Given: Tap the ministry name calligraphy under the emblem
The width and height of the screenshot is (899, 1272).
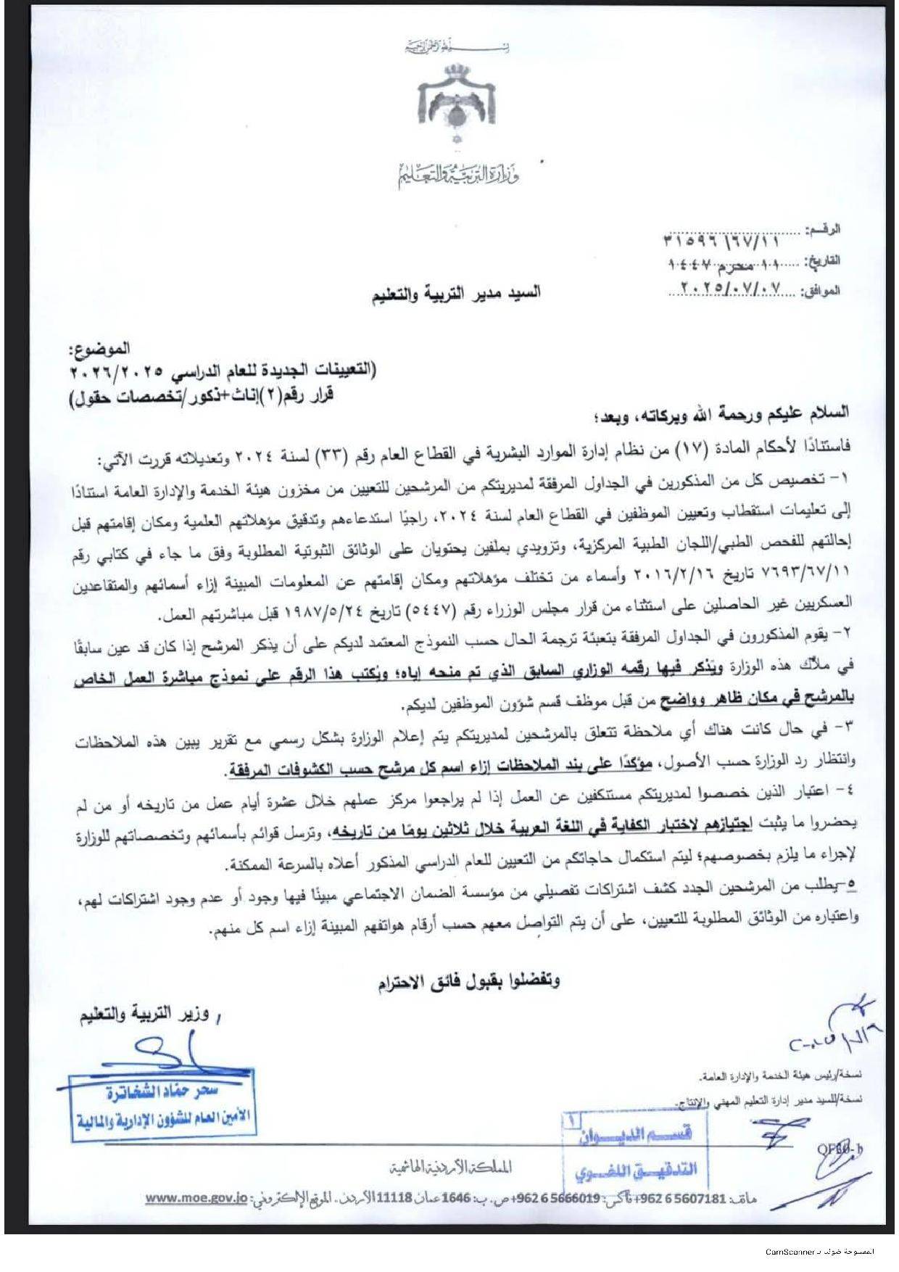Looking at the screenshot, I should [x=458, y=175].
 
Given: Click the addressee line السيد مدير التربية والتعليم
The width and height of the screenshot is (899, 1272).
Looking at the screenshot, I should [x=457, y=294].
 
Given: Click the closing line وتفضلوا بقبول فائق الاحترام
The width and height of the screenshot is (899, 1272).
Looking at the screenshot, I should [x=468, y=983].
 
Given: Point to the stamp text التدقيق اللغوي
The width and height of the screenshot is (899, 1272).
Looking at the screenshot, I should [x=636, y=1170].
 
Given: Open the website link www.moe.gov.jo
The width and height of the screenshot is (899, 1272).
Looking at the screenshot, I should [x=196, y=1199].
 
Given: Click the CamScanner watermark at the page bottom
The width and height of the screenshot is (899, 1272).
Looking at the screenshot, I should [x=820, y=1252].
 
